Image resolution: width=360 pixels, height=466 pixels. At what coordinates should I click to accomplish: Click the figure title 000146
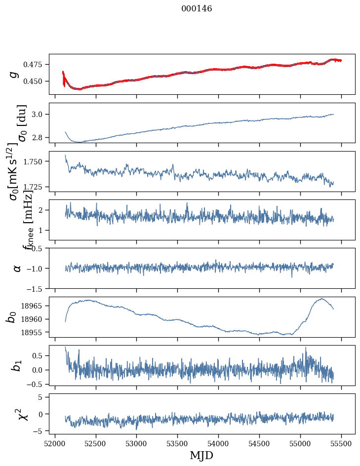coord(197,9)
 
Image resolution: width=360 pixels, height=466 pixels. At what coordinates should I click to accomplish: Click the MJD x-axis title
coord(201,455)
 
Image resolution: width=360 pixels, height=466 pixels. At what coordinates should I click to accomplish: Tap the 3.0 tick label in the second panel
coord(40,115)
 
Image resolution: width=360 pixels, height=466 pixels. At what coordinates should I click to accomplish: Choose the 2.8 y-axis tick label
coord(40,137)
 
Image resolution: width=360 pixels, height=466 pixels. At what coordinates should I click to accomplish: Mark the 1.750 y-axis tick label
coord(35,161)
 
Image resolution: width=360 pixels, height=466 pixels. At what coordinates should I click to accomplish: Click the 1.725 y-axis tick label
coord(35,187)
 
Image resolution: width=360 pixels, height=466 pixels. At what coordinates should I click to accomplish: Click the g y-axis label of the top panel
coord(15,74)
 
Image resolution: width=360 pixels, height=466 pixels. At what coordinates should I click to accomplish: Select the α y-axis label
coord(17,268)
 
